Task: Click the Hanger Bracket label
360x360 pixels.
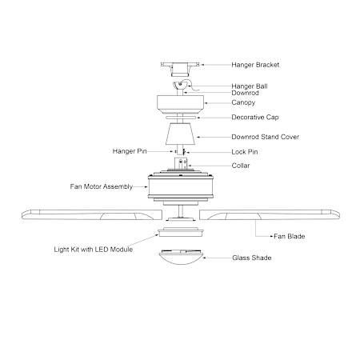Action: [x=255, y=65]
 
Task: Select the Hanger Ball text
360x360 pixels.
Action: [x=250, y=86]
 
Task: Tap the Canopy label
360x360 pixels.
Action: [x=243, y=102]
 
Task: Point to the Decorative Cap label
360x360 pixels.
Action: [x=255, y=118]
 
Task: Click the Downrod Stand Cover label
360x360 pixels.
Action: [x=265, y=137]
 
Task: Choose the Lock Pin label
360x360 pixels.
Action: [x=245, y=152]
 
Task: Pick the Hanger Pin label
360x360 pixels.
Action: [x=130, y=151]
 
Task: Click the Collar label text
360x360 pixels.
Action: [x=241, y=166]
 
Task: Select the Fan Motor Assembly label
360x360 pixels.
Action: [x=102, y=186]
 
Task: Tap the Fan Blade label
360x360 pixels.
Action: [x=290, y=236]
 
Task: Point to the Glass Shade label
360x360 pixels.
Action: [x=252, y=258]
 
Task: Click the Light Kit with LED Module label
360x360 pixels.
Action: [x=94, y=250]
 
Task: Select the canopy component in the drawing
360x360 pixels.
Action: [x=181, y=104]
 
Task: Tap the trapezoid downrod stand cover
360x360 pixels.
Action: [x=180, y=134]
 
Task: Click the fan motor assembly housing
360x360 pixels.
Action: [x=181, y=187]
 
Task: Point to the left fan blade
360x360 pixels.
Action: [x=92, y=214]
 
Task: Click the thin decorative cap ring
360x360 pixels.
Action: [x=181, y=118]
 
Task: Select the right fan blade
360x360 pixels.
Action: [x=270, y=214]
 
